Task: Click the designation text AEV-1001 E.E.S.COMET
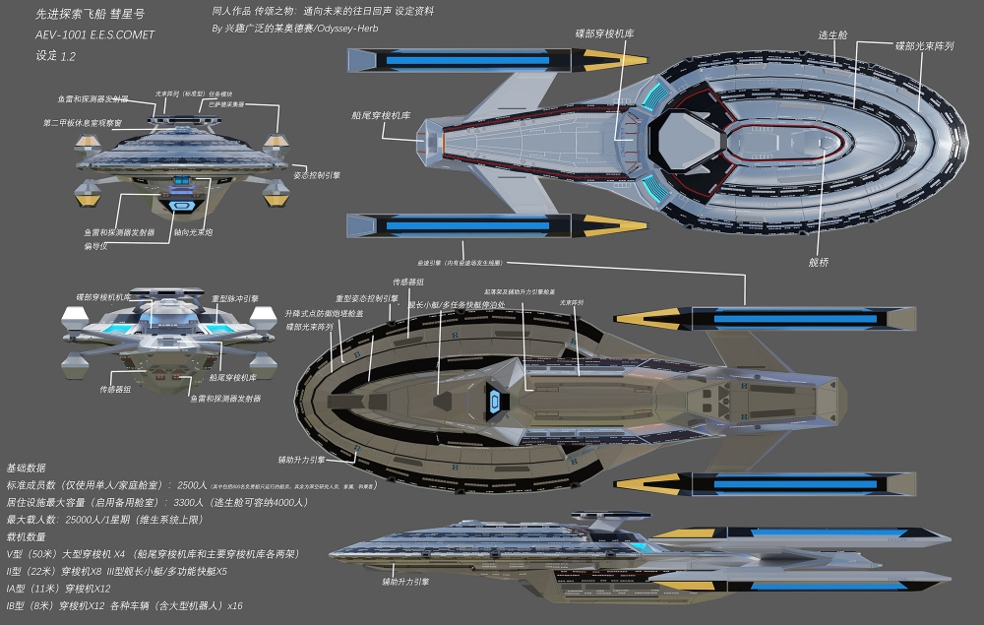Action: coord(93,34)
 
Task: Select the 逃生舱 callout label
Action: coord(833,34)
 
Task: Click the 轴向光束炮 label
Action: coord(194,233)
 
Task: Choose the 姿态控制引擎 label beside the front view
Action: coord(318,174)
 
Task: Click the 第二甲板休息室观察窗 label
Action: coord(83,123)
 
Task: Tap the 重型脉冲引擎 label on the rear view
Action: coord(235,299)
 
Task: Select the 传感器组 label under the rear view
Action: coord(115,389)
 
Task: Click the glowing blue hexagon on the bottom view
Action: coord(494,401)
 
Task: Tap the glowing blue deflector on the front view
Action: coord(182,205)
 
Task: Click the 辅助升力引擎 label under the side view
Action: coord(405,582)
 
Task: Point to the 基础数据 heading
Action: coord(25,468)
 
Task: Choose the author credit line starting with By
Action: coord(294,28)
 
